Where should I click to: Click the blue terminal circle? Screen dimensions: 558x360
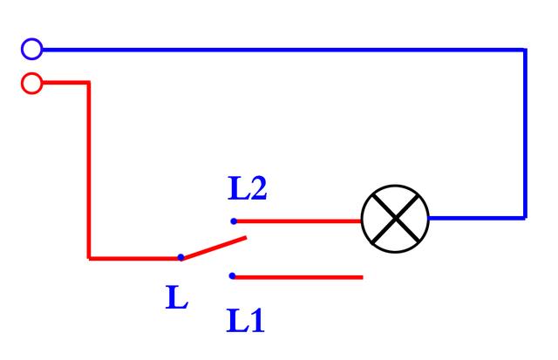point(32,49)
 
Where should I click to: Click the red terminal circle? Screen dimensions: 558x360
point(32,83)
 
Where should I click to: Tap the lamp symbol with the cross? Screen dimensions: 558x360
point(395,219)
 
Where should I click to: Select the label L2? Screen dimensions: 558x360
point(248,188)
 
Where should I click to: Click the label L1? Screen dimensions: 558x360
point(246,321)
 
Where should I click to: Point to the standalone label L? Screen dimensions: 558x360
point(177,297)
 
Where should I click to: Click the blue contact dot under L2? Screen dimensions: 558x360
point(234,221)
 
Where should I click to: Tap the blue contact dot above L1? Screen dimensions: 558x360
point(233,275)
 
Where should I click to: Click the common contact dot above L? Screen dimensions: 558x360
point(180,257)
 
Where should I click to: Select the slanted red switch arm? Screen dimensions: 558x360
point(214,248)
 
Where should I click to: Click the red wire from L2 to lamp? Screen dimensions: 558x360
point(298,221)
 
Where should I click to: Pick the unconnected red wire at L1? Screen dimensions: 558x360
point(298,277)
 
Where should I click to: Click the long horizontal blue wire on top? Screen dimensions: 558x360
point(284,51)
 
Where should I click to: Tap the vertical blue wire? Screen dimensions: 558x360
point(525,133)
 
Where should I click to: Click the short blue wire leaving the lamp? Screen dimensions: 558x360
point(477,217)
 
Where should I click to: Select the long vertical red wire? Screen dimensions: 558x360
point(89,170)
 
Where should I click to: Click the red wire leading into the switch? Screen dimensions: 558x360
point(134,258)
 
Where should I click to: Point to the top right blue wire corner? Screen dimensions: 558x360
point(525,51)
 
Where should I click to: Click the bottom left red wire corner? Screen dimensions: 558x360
point(89,258)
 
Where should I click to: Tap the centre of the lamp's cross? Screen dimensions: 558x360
point(395,219)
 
